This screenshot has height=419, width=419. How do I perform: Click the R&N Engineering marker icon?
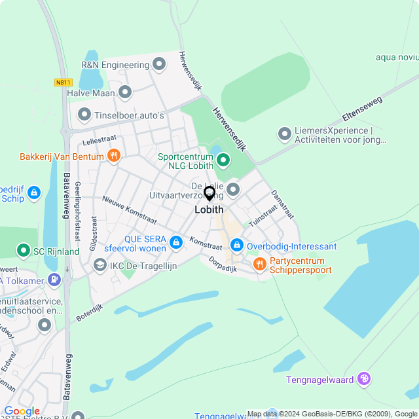(159, 64)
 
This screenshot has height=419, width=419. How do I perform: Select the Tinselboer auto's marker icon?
(84, 115)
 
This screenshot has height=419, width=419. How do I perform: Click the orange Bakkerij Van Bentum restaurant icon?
(114, 156)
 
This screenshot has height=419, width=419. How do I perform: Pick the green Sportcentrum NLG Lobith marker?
(223, 159)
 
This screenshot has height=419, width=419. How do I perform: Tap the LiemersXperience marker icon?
(284, 134)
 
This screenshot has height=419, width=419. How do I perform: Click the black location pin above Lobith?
(209, 194)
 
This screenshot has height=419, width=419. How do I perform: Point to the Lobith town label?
(209, 210)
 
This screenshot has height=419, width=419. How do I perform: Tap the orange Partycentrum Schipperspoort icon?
(259, 264)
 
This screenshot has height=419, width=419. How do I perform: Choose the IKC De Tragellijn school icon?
(100, 264)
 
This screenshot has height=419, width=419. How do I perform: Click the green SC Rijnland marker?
(24, 250)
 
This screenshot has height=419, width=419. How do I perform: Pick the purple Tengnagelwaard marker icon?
(365, 378)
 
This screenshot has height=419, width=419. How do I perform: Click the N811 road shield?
(62, 82)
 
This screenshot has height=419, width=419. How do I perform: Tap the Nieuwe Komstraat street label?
(130, 208)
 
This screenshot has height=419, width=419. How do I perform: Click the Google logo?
(22, 410)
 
